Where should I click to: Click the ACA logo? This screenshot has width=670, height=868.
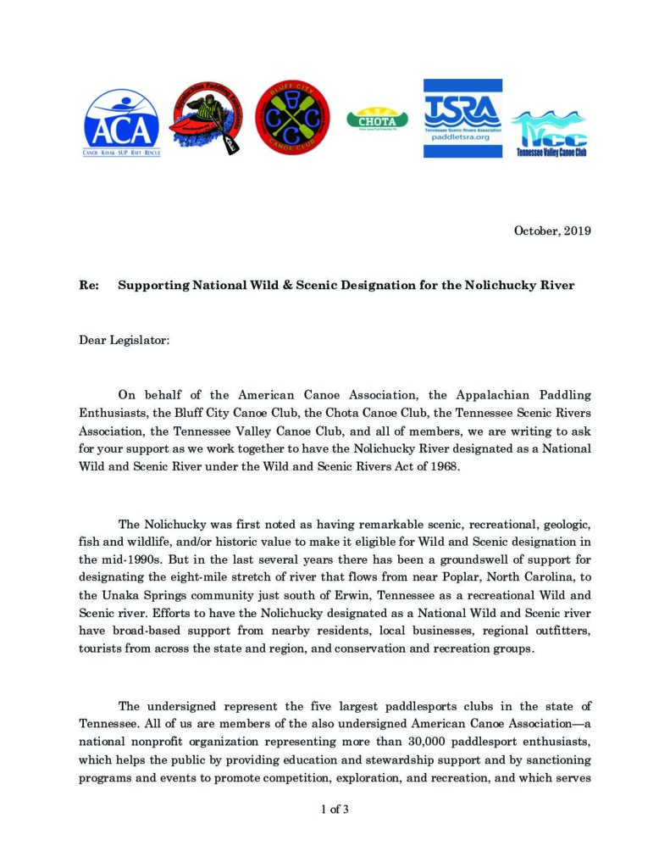click(121, 124)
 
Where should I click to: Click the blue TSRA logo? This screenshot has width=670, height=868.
click(462, 118)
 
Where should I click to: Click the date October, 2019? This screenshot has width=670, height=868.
click(552, 231)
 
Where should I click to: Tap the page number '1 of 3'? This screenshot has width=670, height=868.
click(335, 810)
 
